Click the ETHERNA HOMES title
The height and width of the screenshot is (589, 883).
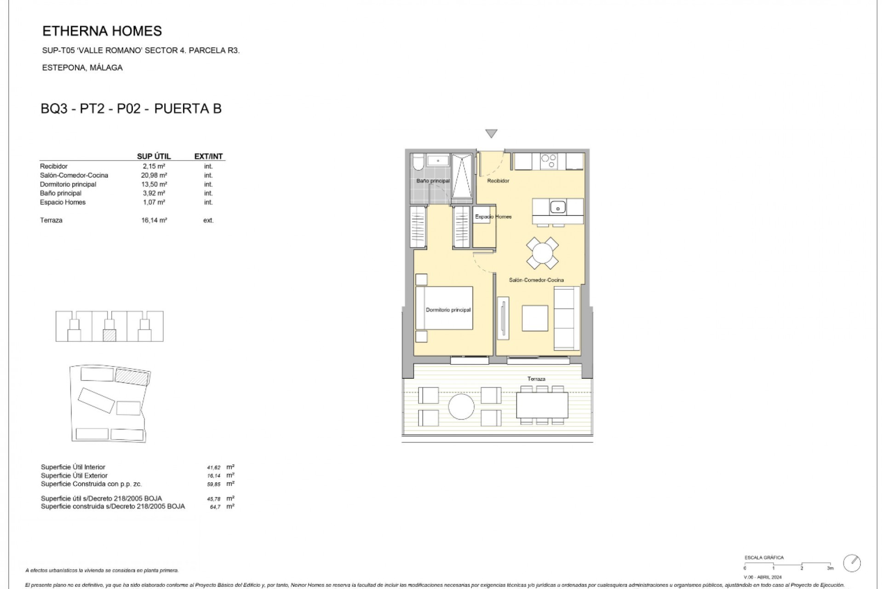click(x=102, y=31)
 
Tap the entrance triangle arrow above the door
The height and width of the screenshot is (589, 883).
click(x=491, y=133)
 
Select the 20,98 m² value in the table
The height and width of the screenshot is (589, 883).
click(x=154, y=175)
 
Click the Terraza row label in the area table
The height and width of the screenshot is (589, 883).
click(x=51, y=220)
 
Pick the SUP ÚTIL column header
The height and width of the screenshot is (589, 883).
click(x=154, y=156)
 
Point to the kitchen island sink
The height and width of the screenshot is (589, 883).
click(x=558, y=207)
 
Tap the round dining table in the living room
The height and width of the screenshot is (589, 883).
click(x=542, y=253)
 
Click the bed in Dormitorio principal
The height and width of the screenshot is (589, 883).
click(x=444, y=308)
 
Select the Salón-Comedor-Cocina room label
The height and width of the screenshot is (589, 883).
click(x=536, y=280)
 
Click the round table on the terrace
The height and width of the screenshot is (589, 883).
click(x=461, y=406)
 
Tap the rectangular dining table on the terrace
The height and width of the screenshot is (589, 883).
click(x=542, y=405)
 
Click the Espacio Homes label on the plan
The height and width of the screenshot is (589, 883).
click(x=493, y=217)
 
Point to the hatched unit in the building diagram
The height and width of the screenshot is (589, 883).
click(x=109, y=335)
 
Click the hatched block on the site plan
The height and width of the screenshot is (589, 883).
click(x=132, y=376)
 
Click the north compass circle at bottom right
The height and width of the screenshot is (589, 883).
click(x=852, y=562)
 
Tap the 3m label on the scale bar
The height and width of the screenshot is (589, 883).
click(x=830, y=568)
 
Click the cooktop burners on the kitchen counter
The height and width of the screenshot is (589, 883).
click(x=548, y=161)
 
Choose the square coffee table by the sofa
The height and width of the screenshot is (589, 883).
click(x=535, y=318)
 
